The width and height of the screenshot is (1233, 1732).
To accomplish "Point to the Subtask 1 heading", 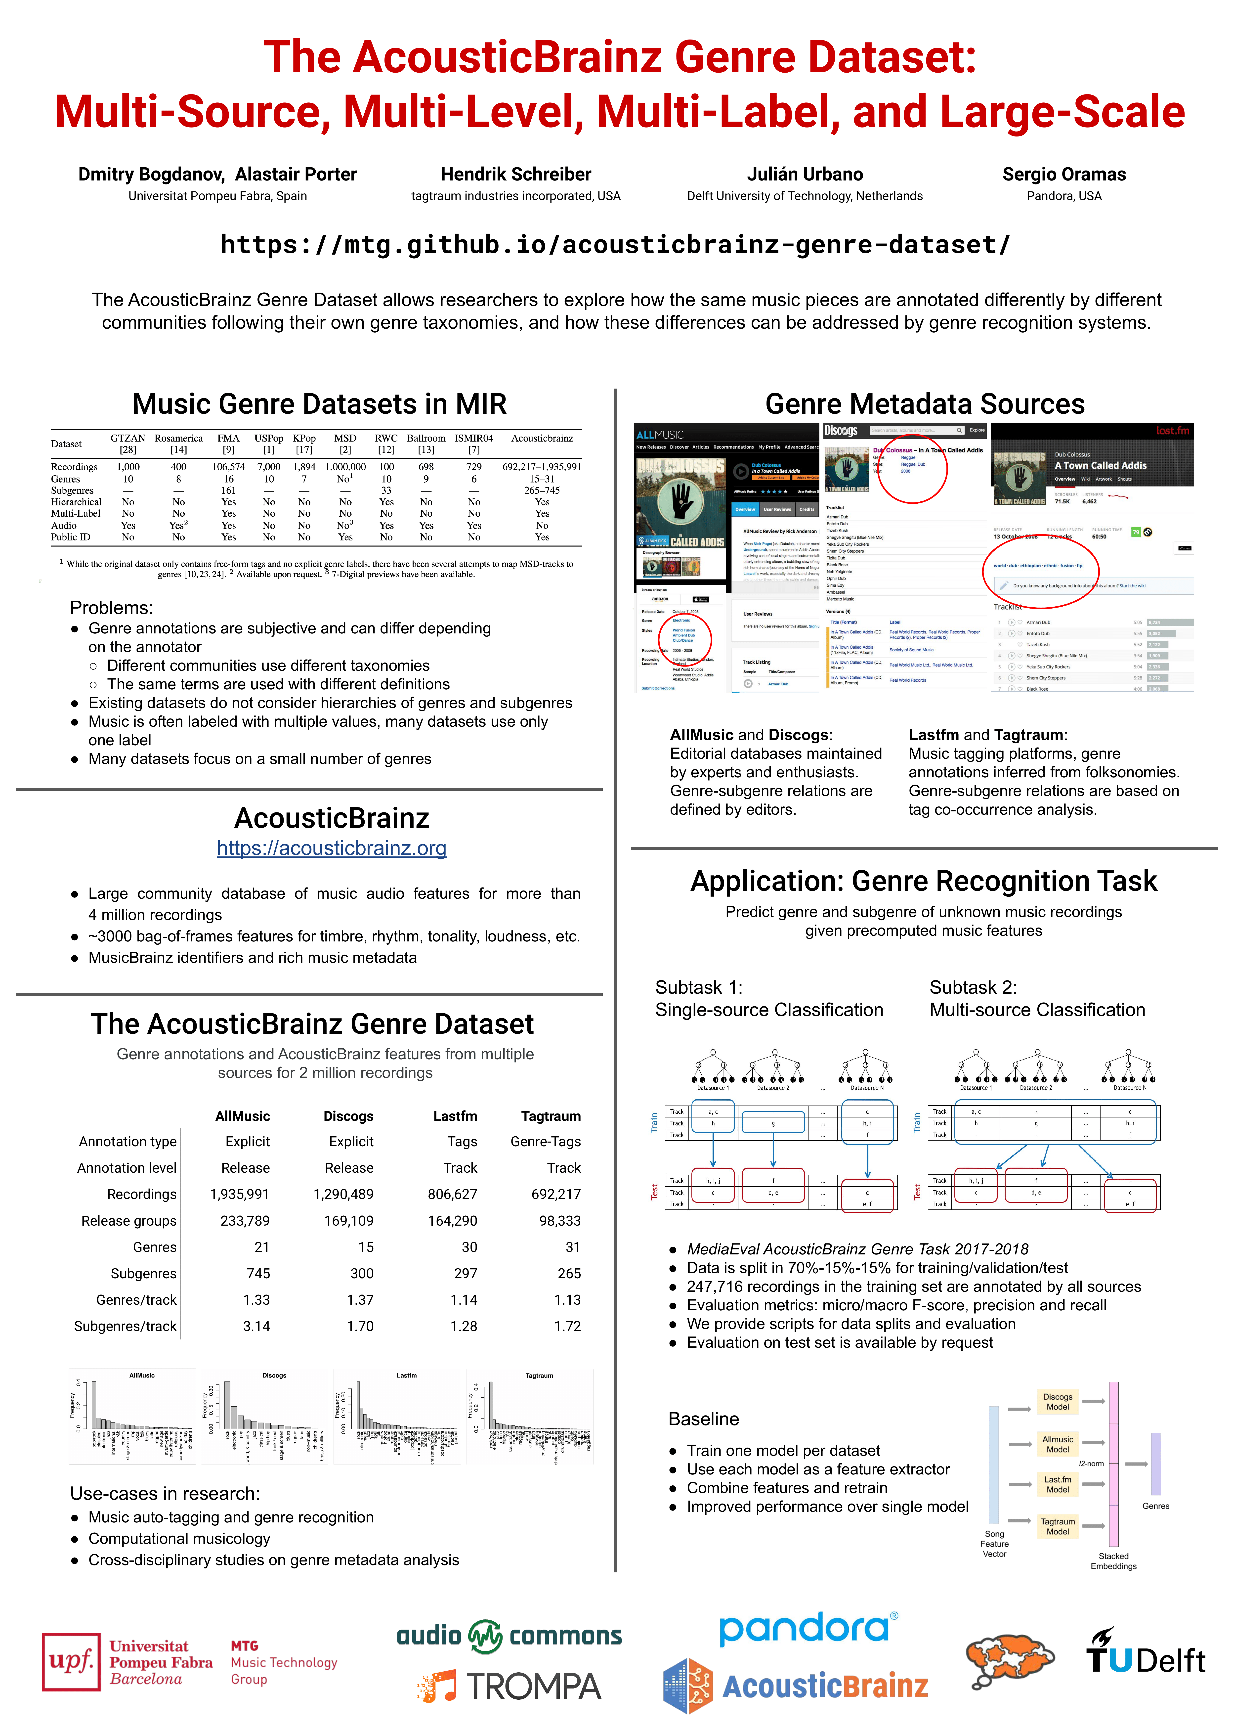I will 698,987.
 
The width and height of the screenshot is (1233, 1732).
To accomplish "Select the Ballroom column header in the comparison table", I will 426,438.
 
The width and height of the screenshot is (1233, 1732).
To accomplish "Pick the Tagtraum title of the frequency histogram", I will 539,1375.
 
